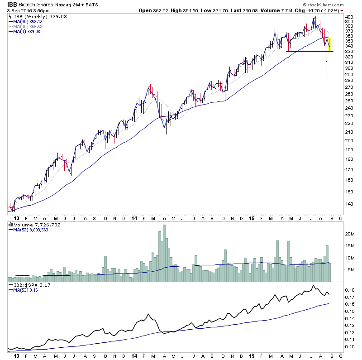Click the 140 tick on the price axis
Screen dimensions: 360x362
pos(348,203)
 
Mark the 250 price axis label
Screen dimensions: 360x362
pos(348,101)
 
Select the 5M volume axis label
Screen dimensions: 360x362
pos(350,270)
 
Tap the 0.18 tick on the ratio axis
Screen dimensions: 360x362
pos(350,289)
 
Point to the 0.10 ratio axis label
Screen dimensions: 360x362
pos(350,346)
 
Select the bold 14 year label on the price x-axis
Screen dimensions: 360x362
pos(135,218)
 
